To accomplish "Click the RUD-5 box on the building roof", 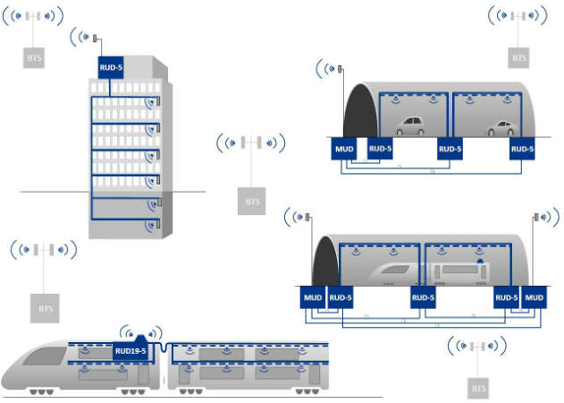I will point(110,66).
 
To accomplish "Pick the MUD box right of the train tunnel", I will point(535,297).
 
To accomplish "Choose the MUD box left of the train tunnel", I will point(312,297).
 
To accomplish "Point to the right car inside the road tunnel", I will point(499,127).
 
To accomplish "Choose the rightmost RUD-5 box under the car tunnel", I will point(522,149).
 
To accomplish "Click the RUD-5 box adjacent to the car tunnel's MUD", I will point(380,149).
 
